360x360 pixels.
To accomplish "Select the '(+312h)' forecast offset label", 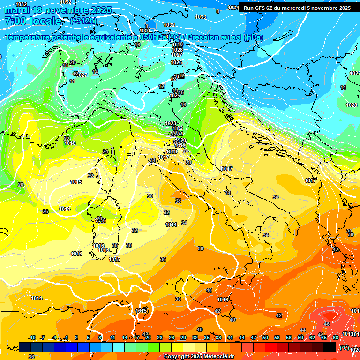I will pyautogui.click(x=83, y=21).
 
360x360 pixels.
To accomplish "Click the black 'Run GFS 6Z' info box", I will pyautogui.click(x=297, y=8).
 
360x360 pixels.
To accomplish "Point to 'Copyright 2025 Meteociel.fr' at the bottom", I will pyautogui.click(x=199, y=357).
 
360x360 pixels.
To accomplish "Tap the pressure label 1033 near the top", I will pyautogui.click(x=201, y=17).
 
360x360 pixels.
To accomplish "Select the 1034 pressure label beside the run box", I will pyautogui.click(x=233, y=7).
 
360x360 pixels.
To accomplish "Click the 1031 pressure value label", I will pyautogui.click(x=145, y=30).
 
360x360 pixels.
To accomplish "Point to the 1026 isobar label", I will pyautogui.click(x=176, y=62).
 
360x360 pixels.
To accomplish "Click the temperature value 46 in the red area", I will pyautogui.click(x=327, y=324).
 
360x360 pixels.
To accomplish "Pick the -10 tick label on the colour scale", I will pyautogui.click(x=32, y=337).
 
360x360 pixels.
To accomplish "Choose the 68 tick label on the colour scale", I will pyautogui.click(x=336, y=337).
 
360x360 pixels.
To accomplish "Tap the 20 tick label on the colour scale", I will pyautogui.click(x=148, y=337).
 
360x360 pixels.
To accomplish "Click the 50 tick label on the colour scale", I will pyautogui.click(x=265, y=337).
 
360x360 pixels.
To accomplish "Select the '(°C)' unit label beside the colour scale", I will pyautogui.click(x=345, y=348).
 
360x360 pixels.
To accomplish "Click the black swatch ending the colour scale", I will pyautogui.click(x=330, y=347).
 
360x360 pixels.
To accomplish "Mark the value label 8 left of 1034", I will pyautogui.click(x=217, y=11).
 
